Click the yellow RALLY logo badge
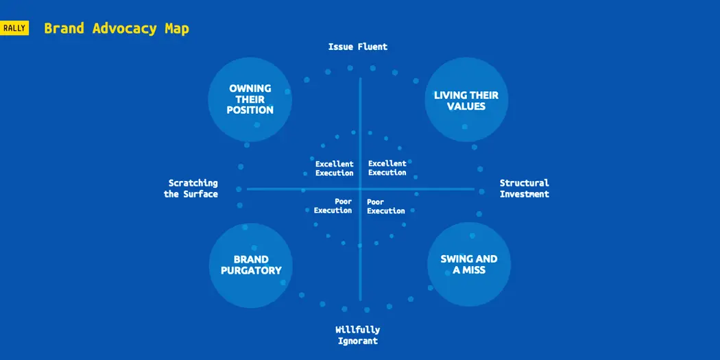pos(14,28)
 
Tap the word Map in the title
pos(176,29)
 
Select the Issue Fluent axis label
pos(357,47)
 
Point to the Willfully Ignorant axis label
pos(357,335)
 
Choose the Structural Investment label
pos(524,189)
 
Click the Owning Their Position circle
pos(250,99)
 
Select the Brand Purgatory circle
pos(250,265)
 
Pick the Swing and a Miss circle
pos(468,265)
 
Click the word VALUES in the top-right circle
pos(466,106)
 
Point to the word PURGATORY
pos(251,270)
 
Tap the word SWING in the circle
pos(455,259)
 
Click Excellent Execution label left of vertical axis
pos(335,168)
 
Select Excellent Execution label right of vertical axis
pos(387,168)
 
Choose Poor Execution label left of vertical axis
pos(333,206)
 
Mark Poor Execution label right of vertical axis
pos(385,206)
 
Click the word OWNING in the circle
pos(250,88)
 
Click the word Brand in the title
pos(64,29)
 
